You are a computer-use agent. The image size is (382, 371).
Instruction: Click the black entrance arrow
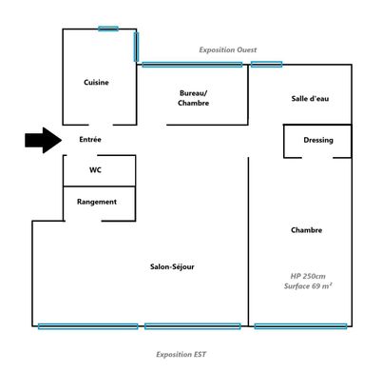click(x=44, y=140)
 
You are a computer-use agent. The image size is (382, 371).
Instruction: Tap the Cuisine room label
click(x=96, y=83)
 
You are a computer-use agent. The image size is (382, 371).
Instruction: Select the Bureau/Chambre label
click(x=193, y=98)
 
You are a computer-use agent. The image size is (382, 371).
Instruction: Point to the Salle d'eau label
click(x=310, y=99)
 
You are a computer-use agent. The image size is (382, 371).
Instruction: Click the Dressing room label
click(x=318, y=140)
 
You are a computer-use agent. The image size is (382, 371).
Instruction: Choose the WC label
click(x=95, y=170)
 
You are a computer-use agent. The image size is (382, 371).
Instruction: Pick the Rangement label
click(x=97, y=202)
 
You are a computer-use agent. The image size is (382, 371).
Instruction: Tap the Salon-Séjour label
click(x=172, y=266)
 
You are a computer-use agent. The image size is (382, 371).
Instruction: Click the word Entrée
click(x=90, y=140)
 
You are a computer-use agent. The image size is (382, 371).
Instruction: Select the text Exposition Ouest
click(x=228, y=49)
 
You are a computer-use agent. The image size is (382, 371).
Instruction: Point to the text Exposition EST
click(x=181, y=354)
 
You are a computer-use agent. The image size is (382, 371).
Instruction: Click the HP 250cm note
click(x=308, y=276)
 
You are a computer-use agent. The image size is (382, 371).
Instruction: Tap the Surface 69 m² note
click(x=308, y=286)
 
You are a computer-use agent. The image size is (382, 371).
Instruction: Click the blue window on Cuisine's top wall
click(x=108, y=29)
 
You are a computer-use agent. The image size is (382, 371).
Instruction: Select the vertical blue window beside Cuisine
click(x=136, y=47)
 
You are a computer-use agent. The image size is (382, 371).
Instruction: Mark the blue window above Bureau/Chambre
click(x=192, y=65)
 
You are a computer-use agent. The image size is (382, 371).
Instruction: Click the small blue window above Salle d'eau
click(x=266, y=65)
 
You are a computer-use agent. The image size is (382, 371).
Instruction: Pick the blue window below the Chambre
click(x=300, y=326)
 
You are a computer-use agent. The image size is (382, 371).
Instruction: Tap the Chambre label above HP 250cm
click(x=307, y=230)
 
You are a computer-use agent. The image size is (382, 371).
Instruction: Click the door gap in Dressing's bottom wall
click(x=317, y=157)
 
